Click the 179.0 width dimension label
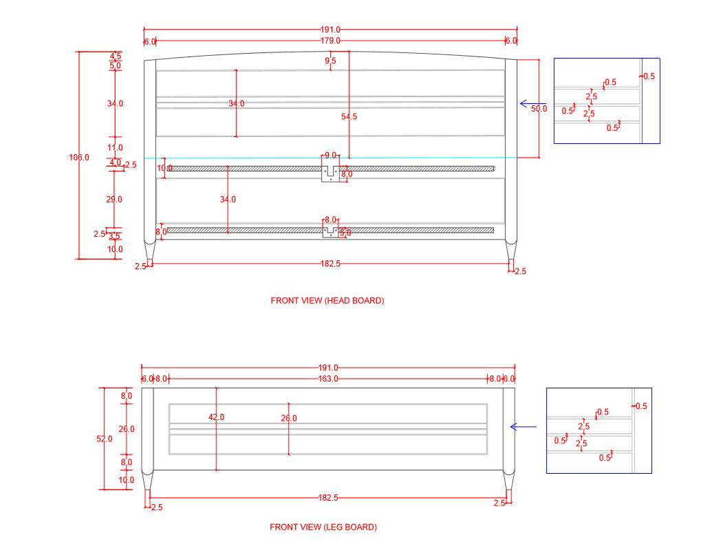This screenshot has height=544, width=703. [x=330, y=41]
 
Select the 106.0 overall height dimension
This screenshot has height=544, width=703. [x=79, y=158]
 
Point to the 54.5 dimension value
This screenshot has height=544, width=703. [x=349, y=117]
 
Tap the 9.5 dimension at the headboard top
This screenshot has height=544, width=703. [x=330, y=61]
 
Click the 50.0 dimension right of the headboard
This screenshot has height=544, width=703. [x=539, y=109]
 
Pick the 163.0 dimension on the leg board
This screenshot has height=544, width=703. [x=328, y=379]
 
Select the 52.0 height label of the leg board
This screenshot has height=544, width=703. [x=104, y=439]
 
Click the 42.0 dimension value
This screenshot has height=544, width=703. [x=216, y=417]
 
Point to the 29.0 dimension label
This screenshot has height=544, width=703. [x=114, y=200]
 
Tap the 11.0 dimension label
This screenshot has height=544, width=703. [x=115, y=147]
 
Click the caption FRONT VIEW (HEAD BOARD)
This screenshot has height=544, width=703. [x=327, y=301]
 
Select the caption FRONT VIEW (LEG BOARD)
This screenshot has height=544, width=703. [x=323, y=527]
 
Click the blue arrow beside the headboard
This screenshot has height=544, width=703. [x=532, y=104]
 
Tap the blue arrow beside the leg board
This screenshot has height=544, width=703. [x=523, y=427]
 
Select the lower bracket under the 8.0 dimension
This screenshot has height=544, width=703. [x=331, y=231]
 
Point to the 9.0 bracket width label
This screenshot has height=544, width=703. [x=330, y=156]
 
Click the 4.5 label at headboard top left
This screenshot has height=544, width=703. [x=116, y=56]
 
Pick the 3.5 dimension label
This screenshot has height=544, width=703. [x=114, y=237]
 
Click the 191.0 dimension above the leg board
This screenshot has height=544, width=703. [x=328, y=368]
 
